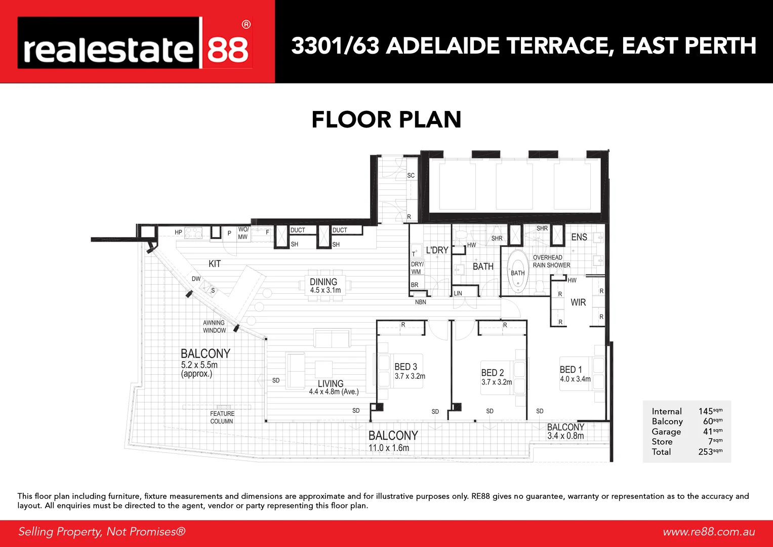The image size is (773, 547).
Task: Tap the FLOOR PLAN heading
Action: tap(386, 120)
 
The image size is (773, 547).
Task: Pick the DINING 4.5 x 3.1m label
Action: tap(324, 286)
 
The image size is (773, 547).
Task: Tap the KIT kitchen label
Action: tap(215, 264)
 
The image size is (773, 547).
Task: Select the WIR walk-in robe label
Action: tap(578, 302)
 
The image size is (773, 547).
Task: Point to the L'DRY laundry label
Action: tap(437, 250)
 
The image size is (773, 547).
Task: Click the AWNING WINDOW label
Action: tap(214, 327)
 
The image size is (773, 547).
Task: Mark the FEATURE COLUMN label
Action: tap(222, 417)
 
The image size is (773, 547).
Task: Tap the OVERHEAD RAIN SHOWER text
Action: tap(551, 261)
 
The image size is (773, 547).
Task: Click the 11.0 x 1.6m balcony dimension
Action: tap(388, 448)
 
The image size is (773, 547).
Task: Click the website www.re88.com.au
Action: tap(709, 532)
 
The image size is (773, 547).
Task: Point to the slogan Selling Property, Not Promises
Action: tap(102, 532)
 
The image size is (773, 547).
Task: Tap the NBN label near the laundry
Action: tap(420, 302)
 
